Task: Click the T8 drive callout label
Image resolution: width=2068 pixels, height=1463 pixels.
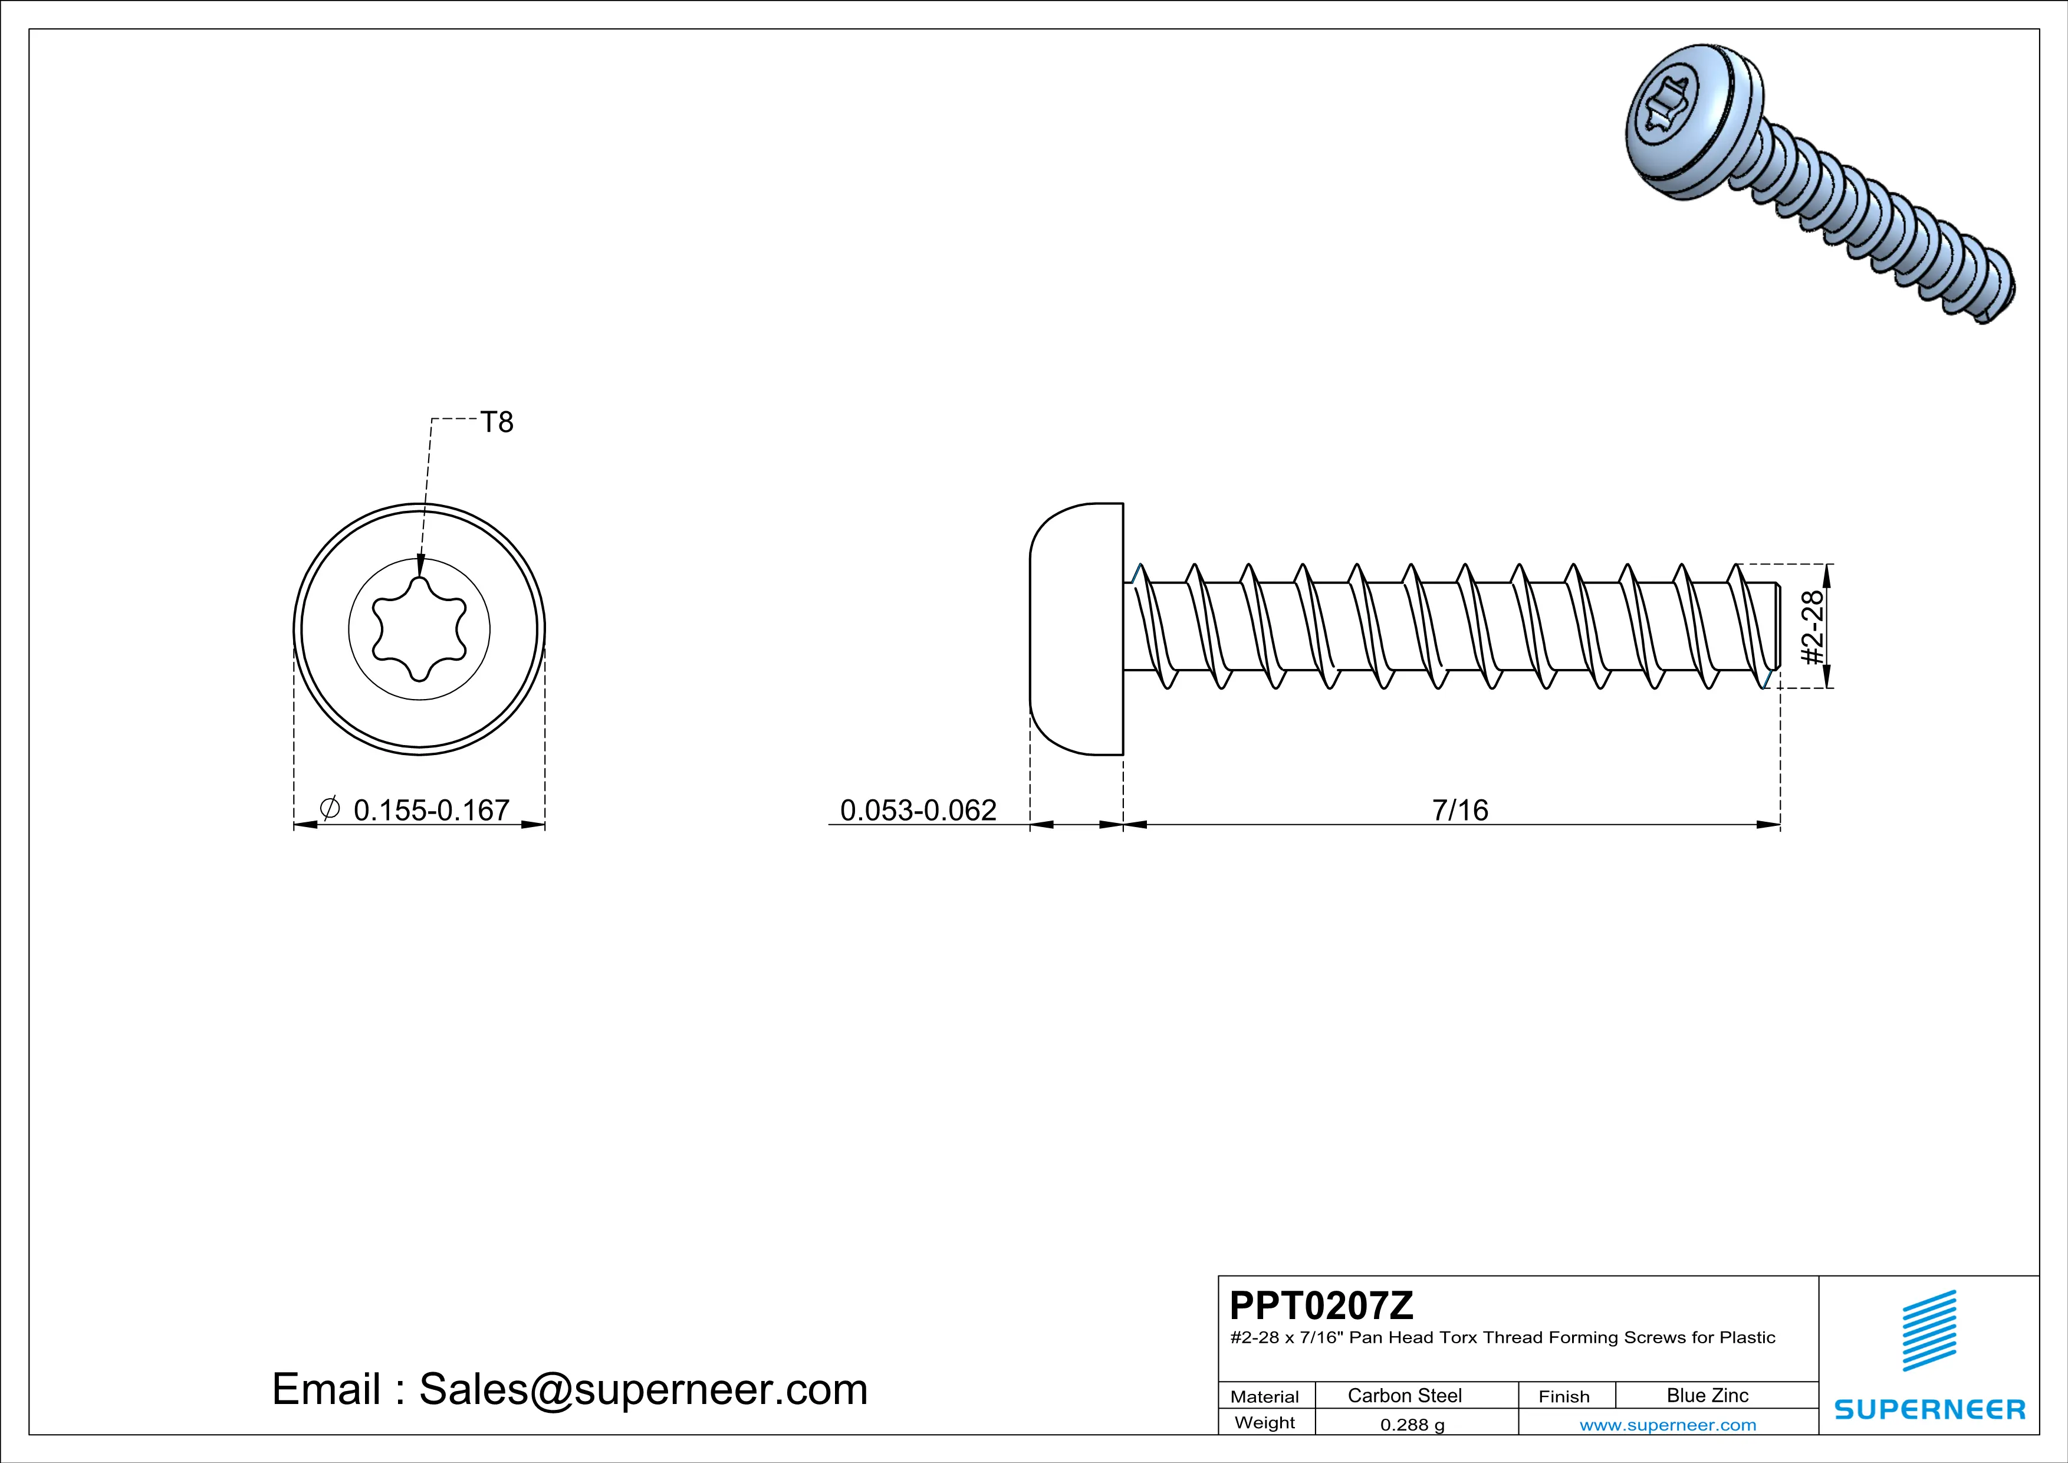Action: [x=497, y=422]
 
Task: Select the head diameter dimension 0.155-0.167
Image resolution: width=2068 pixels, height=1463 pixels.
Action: [x=432, y=810]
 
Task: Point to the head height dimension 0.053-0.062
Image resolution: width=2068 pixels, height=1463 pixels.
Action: [x=918, y=810]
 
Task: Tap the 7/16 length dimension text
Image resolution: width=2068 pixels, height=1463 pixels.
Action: [x=1460, y=810]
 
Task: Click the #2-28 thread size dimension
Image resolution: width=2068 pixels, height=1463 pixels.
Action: [x=1811, y=627]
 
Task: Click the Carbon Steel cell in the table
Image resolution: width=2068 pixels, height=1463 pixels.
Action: [x=1404, y=1395]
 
